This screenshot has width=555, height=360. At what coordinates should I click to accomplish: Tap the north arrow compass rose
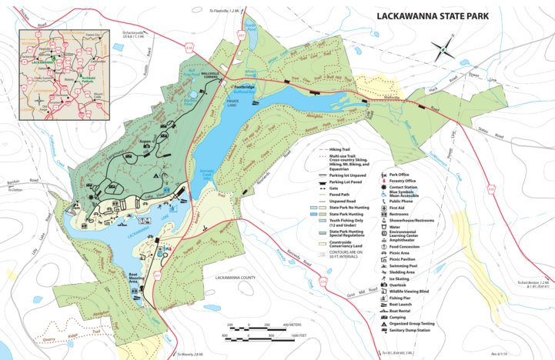tap(443, 49)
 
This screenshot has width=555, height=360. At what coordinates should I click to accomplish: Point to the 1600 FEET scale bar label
tap(296, 336)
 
